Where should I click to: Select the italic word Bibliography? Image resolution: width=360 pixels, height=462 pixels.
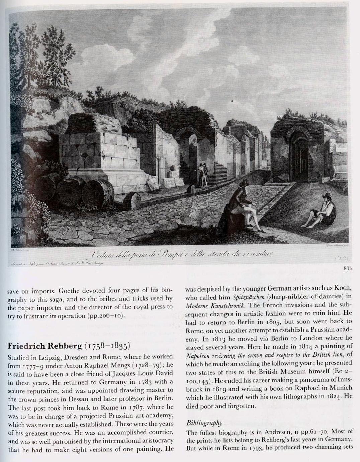[x=204, y=423]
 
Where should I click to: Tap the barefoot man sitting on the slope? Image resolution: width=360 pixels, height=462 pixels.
[x=322, y=210]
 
